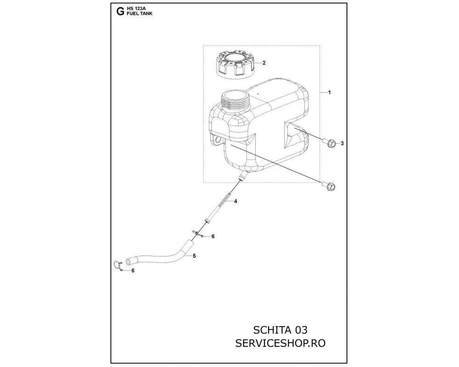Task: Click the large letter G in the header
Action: [120, 12]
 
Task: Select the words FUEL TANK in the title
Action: [140, 13]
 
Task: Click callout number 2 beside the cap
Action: [264, 63]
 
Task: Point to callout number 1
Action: [329, 92]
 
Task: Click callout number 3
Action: [342, 144]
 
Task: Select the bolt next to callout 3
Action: [329, 143]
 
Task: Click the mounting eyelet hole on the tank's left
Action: [217, 140]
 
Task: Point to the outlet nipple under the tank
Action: [242, 176]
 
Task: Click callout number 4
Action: [235, 201]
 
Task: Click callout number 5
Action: [194, 256]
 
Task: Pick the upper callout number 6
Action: [213, 236]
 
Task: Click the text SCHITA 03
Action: [280, 330]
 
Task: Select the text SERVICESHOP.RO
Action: [280, 343]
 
